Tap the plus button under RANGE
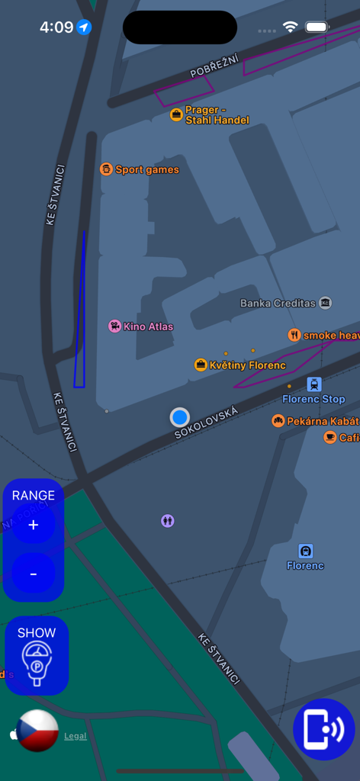[x=33, y=525]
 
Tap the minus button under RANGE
[x=33, y=573]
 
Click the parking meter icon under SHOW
[x=37, y=663]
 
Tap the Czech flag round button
[x=37, y=730]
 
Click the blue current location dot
[x=180, y=417]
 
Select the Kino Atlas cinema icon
[x=115, y=326]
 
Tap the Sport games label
[x=146, y=169]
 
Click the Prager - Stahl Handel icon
[x=177, y=115]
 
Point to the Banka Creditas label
[x=278, y=303]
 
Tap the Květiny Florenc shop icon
[x=201, y=365]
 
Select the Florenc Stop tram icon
[x=313, y=384]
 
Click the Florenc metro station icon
[x=306, y=551]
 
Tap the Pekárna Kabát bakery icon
[x=278, y=421]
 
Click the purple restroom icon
[x=168, y=521]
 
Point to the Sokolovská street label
[x=206, y=423]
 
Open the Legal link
[x=75, y=736]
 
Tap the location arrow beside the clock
[x=84, y=27]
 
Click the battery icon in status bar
[x=317, y=27]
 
